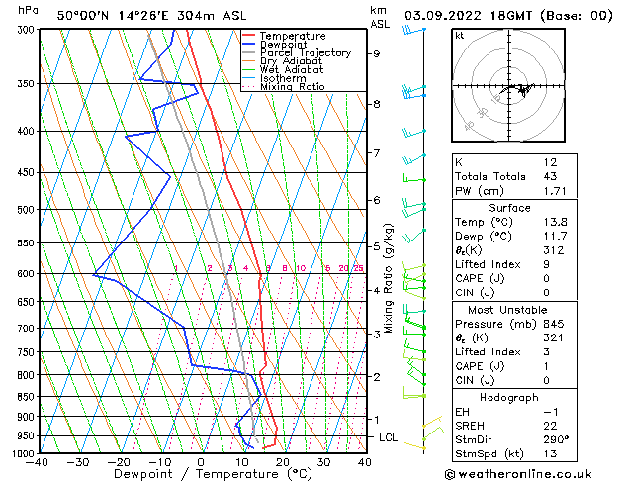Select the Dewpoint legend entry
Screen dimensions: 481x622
click(x=289, y=45)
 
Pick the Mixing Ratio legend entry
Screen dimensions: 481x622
click(x=293, y=87)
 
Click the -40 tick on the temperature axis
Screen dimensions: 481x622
click(x=39, y=462)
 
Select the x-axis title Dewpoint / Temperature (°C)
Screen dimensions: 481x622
click(x=200, y=474)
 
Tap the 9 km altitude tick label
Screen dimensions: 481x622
click(x=376, y=54)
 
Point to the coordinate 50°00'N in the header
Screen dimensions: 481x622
click(x=81, y=16)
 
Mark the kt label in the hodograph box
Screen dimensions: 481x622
click(x=460, y=36)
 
